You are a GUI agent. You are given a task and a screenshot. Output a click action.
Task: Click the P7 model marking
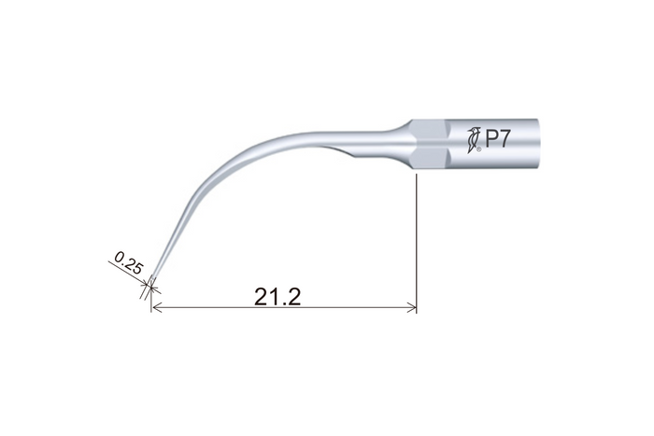(498, 139)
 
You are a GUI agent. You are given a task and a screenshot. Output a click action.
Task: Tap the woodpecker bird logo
(473, 140)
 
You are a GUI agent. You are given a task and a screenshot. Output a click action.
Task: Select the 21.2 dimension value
(277, 297)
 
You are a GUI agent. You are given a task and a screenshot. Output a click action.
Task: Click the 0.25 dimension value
(129, 262)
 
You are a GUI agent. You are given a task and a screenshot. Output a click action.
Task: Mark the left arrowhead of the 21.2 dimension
(156, 308)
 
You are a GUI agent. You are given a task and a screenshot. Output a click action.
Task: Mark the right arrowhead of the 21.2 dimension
(412, 308)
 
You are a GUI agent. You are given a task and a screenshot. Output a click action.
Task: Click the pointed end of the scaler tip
(151, 278)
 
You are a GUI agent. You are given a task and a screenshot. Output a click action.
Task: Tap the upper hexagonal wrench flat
(432, 133)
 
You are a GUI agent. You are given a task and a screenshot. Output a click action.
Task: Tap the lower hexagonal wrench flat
(432, 157)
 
